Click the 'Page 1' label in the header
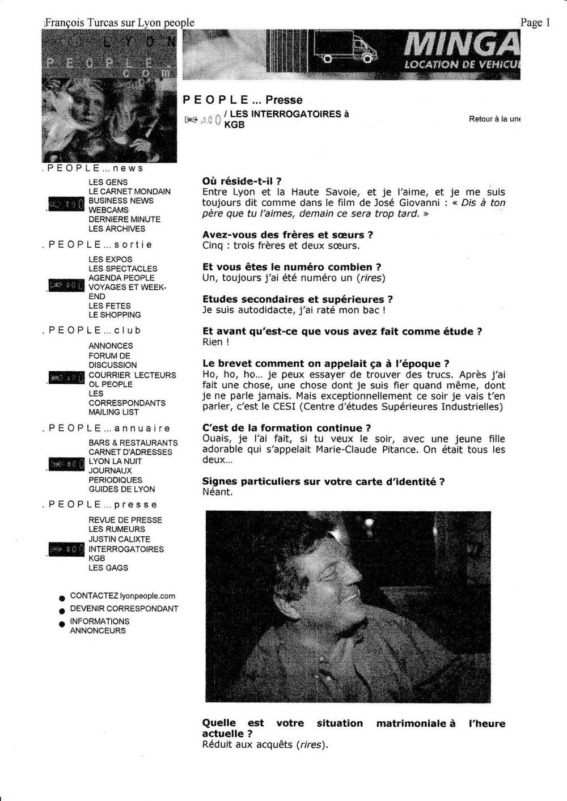[536, 23]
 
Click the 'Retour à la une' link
[494, 119]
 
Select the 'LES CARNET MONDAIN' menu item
[129, 192]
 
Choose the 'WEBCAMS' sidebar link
[108, 210]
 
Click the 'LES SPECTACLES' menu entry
[122, 269]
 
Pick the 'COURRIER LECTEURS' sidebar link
[132, 375]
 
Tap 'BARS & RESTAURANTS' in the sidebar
[133, 443]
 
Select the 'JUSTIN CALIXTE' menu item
[119, 539]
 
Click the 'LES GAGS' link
[108, 567]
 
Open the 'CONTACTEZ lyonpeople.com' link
[122, 596]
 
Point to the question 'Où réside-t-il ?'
[242, 181]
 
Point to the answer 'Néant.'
[218, 491]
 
